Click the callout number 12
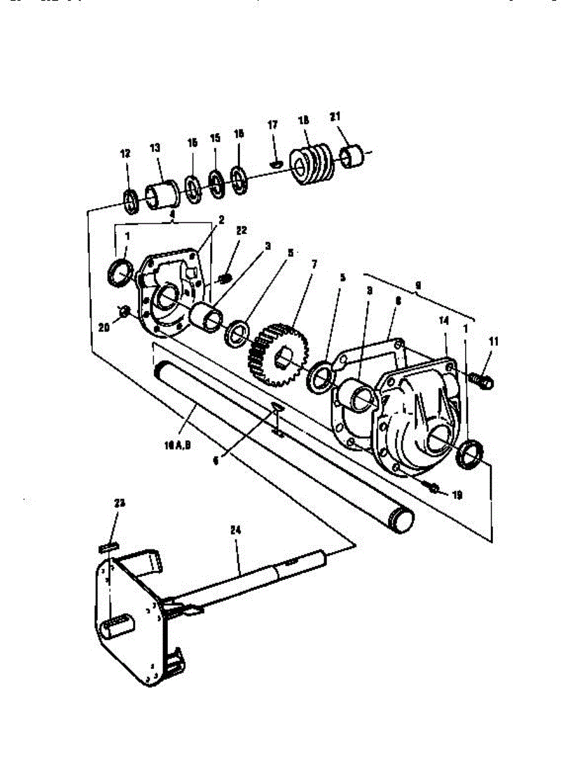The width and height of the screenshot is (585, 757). coord(125,153)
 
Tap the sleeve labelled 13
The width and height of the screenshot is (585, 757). coord(163,192)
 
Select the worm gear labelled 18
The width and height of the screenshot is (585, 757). coord(310,165)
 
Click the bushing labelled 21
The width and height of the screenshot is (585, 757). coord(352,157)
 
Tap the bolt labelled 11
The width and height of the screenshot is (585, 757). coord(483,379)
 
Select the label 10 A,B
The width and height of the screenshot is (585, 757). coord(177,444)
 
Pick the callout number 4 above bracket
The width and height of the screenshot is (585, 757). coord(172,214)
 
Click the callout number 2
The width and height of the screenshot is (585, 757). coord(221,220)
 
